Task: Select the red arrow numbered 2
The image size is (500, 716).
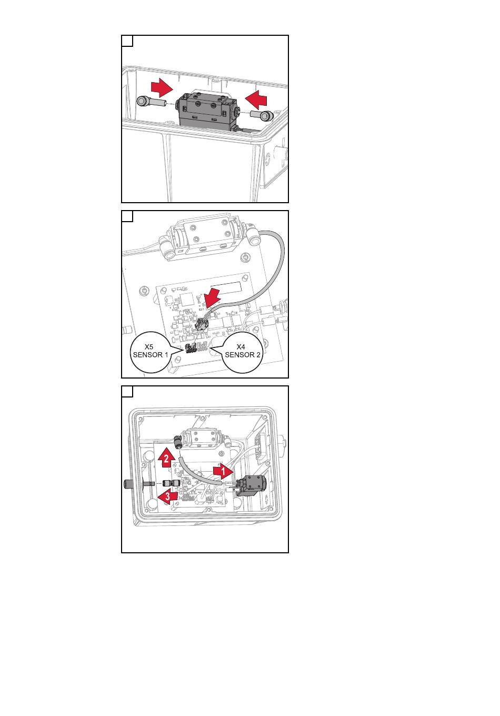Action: point(166,458)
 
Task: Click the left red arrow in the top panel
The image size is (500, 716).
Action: point(162,88)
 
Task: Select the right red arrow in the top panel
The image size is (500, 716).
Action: point(256,98)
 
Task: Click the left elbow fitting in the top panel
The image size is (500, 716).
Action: point(151,102)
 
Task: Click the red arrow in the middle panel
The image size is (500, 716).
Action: point(212,298)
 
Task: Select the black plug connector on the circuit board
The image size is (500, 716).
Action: point(202,325)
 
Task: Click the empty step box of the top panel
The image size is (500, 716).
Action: point(127,41)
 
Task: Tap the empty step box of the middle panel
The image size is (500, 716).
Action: point(127,216)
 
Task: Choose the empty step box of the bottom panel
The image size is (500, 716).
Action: point(127,392)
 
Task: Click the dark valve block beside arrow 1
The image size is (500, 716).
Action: point(252,486)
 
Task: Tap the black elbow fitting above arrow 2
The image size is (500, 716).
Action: point(177,441)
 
